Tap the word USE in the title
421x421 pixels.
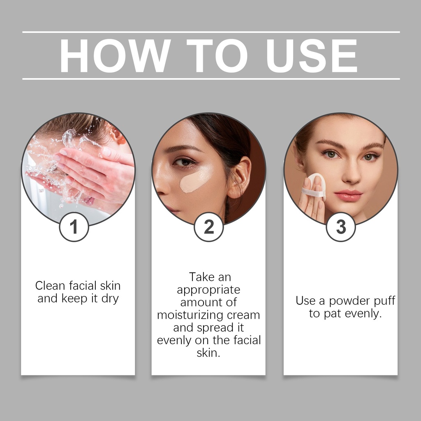point(312,56)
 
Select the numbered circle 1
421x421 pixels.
point(74,227)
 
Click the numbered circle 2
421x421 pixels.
point(208,227)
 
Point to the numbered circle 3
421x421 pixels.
point(341,227)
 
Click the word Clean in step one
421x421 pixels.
point(50,286)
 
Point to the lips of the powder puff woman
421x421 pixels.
point(348,195)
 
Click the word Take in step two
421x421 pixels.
point(200,277)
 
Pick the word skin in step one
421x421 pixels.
point(110,286)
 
